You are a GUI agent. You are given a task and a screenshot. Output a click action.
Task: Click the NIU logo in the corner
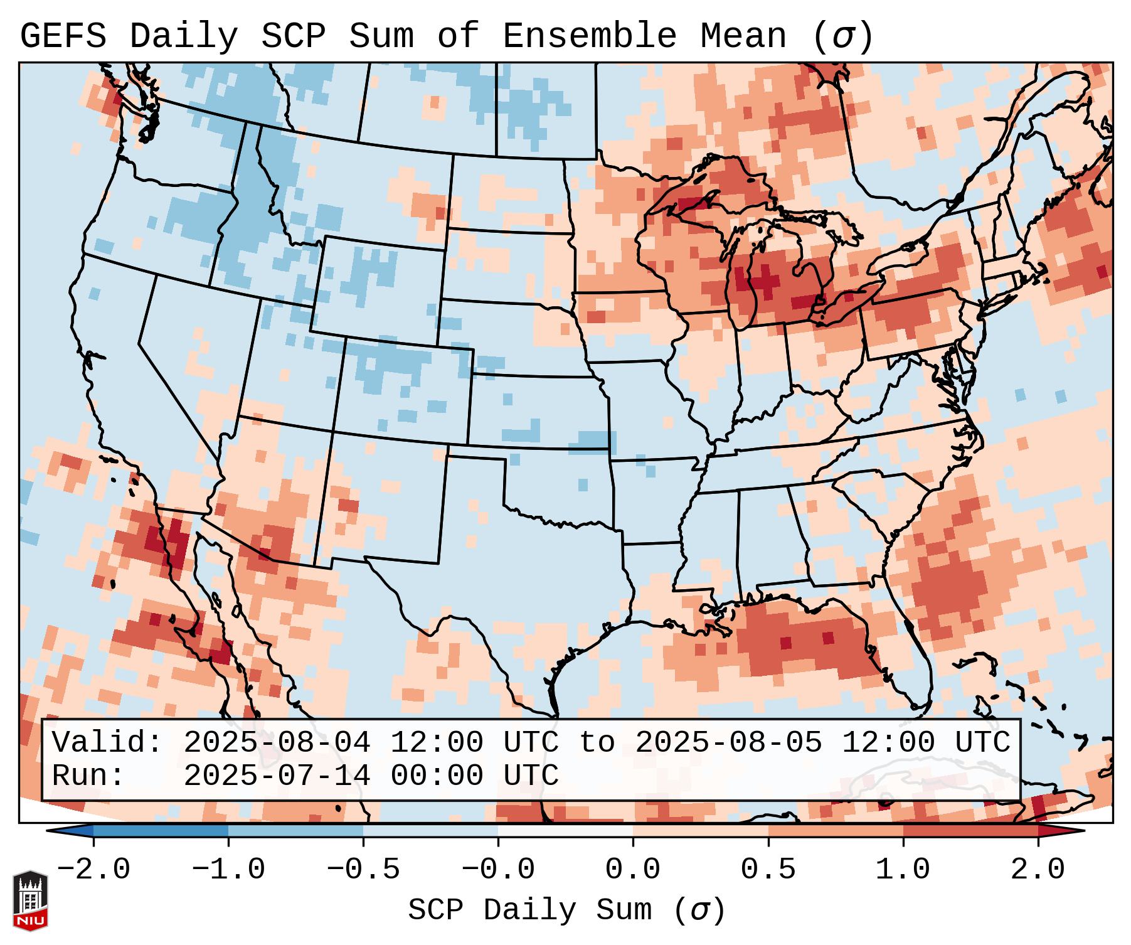[x=30, y=900]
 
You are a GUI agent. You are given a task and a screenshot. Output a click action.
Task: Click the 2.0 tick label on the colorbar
[x=1038, y=870]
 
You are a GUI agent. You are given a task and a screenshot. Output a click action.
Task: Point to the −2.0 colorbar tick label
[x=93, y=870]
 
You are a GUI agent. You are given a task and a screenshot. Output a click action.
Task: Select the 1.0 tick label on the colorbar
[x=903, y=870]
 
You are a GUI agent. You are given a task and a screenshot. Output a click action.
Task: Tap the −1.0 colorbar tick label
[x=228, y=870]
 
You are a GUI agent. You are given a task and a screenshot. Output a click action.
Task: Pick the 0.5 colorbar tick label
[x=768, y=870]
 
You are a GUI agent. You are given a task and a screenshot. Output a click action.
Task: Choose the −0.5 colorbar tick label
[x=363, y=870]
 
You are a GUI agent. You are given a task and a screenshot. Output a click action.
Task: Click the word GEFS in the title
[x=63, y=36]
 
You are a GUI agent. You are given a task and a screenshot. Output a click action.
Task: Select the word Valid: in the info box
[x=107, y=742]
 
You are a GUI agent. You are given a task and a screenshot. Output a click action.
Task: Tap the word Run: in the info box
[x=88, y=776]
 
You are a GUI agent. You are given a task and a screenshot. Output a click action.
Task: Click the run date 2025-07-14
[x=277, y=776]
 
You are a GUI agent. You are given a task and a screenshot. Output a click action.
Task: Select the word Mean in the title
[x=743, y=36]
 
